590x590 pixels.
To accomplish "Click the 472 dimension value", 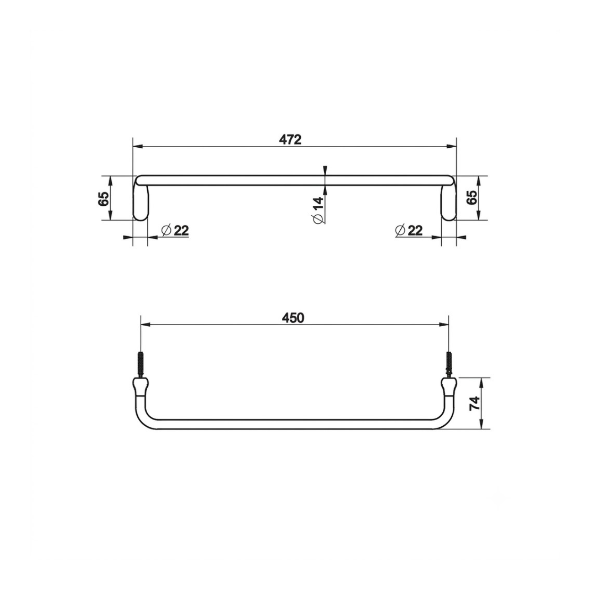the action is point(290,140).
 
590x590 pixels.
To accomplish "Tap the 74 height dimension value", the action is point(474,403).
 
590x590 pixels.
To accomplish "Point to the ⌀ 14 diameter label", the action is point(318,210).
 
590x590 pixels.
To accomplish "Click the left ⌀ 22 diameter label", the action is point(175,230).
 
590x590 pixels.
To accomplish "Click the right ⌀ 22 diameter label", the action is point(409,230).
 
